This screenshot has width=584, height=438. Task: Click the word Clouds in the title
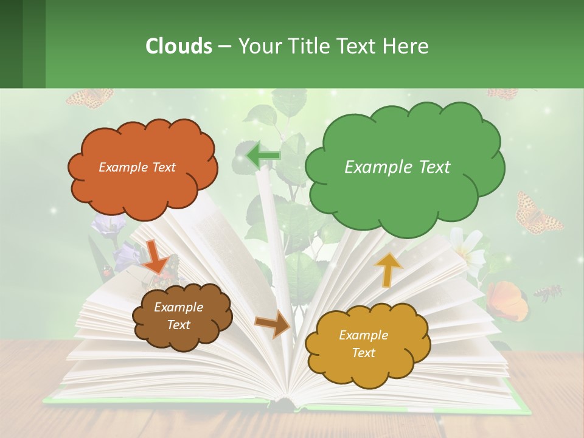(x=179, y=46)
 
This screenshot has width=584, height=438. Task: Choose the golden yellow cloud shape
(x=367, y=365)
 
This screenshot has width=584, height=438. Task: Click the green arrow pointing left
(x=263, y=155)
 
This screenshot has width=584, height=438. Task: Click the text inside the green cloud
(x=397, y=167)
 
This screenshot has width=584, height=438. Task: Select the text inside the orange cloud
(x=137, y=167)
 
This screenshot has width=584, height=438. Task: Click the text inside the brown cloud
(x=178, y=316)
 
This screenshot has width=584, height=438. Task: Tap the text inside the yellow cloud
(x=363, y=344)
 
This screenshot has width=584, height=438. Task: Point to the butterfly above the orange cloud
(x=90, y=97)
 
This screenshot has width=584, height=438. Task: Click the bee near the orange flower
(x=547, y=293)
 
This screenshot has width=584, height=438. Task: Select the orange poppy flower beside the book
(x=507, y=300)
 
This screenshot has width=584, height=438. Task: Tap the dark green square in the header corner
(x=12, y=44)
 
